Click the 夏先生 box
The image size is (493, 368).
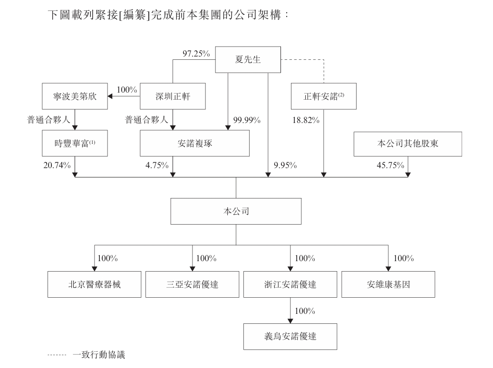(x=248, y=59)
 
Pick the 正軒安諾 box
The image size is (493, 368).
(x=324, y=96)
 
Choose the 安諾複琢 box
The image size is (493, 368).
(x=194, y=143)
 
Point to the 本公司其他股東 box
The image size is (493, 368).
(x=408, y=143)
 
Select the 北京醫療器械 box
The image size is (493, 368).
(x=95, y=284)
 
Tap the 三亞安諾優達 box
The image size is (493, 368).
(x=193, y=284)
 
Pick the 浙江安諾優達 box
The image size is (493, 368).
(x=290, y=284)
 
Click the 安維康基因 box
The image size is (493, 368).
(x=388, y=284)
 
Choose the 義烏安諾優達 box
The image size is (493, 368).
(x=290, y=337)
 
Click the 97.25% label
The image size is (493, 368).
(x=196, y=54)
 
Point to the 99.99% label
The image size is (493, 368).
(x=247, y=120)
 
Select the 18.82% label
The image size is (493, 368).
(x=305, y=120)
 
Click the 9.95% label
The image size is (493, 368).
(x=285, y=165)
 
